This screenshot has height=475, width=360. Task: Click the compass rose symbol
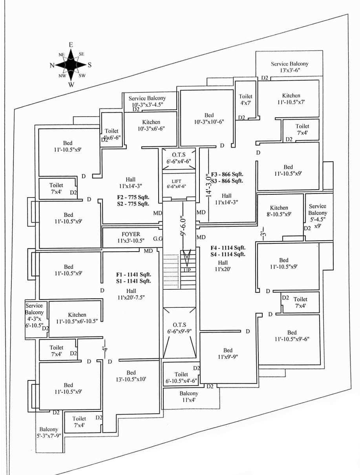pos(71,65)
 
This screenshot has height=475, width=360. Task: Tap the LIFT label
pos(179,181)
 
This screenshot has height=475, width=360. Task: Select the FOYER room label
pos(131,234)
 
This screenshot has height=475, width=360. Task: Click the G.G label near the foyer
pos(158,238)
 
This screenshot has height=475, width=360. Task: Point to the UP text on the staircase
pos(187,270)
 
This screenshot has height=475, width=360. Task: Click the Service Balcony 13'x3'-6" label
pos(290,67)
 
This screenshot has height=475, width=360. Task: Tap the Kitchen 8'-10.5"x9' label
pos(279,211)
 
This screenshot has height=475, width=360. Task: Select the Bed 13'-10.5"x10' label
pos(131,376)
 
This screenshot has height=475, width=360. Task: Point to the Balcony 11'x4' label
pos(189,396)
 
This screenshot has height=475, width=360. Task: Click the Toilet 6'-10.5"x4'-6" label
pos(181,378)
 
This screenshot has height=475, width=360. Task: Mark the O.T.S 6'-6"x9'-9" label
pos(179,328)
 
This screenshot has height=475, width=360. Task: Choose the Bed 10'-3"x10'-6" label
pos(209,118)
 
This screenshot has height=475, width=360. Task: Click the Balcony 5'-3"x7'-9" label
pos(49,433)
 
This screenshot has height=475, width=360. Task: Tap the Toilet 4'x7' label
pos(246,99)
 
